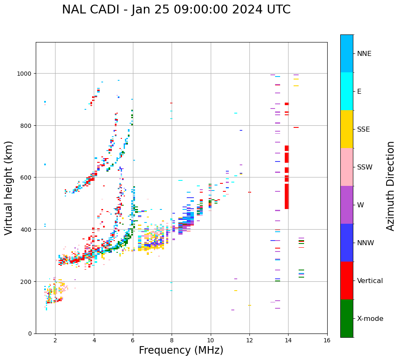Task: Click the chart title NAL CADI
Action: pyautogui.click(x=176, y=10)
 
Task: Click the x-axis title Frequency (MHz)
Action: pyautogui.click(x=181, y=350)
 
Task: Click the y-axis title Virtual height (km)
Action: pyautogui.click(x=9, y=188)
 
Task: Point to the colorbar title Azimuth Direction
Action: pyautogui.click(x=391, y=186)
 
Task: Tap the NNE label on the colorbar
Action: pyautogui.click(x=364, y=54)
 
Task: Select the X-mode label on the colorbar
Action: pyautogui.click(x=370, y=319)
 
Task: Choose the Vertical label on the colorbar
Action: pyautogui.click(x=370, y=281)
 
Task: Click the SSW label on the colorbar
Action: pyautogui.click(x=365, y=167)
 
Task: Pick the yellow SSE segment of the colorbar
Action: pyautogui.click(x=347, y=129)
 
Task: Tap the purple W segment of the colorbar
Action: pyautogui.click(x=347, y=205)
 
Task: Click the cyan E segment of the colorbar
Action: pyautogui.click(x=347, y=91)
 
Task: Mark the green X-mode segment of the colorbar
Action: pyautogui.click(x=347, y=318)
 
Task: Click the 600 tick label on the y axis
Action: pyautogui.click(x=27, y=177)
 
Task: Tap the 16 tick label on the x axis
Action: pyautogui.click(x=327, y=341)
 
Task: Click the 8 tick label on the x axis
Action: pyautogui.click(x=172, y=341)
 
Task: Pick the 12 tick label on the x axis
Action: pyautogui.click(x=249, y=341)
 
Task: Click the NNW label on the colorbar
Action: pyautogui.click(x=366, y=243)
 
